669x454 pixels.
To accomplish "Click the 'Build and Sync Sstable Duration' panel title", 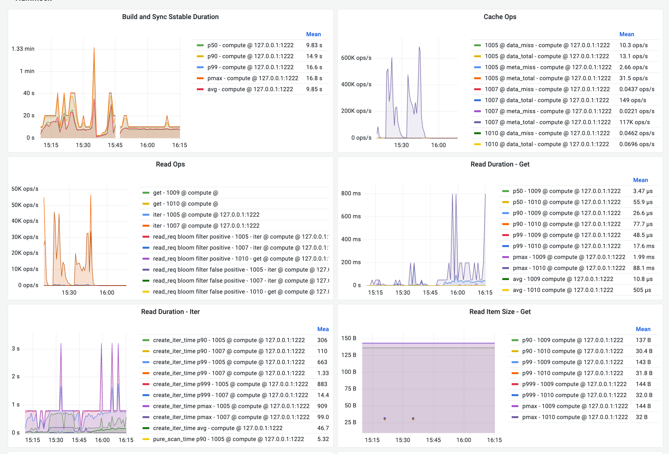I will click(170, 17).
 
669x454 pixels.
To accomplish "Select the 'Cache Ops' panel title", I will click(500, 17).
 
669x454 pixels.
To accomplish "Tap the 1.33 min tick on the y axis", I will click(23, 49).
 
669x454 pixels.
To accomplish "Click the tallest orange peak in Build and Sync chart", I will click(94, 48).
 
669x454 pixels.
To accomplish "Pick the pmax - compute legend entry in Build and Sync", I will click(253, 78).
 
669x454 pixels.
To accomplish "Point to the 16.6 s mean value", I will click(314, 67).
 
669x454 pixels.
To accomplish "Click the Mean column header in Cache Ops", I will click(626, 34).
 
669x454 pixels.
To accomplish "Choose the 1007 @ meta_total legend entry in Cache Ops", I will click(547, 122).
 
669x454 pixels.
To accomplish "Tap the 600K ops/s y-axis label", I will click(356, 58).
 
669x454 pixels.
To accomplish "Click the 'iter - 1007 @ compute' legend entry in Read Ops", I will click(206, 226).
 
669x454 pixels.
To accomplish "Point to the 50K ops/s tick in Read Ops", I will click(25, 205).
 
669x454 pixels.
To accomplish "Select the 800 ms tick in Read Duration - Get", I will click(351, 193).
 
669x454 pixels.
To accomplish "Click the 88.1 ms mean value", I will click(643, 268).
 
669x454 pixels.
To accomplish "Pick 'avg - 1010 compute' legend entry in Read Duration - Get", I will click(563, 290).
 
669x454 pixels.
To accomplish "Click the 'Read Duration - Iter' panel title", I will click(170, 312).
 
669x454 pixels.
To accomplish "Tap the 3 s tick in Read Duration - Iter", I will click(16, 349).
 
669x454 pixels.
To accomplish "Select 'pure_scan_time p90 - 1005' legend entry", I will click(228, 439).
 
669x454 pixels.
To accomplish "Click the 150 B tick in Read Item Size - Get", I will click(349, 338).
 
